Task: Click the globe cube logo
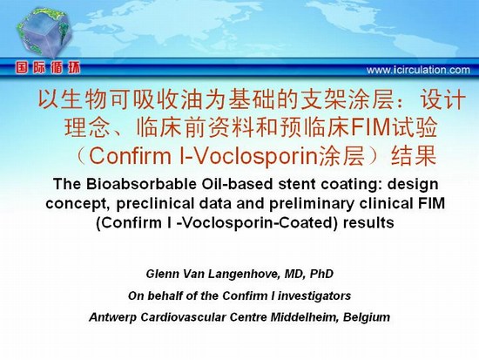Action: [x=44, y=33]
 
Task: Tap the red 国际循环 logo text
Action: [x=48, y=68]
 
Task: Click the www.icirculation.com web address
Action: [x=418, y=70]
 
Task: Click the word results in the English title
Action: [x=368, y=222]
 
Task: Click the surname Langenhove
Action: [x=244, y=274]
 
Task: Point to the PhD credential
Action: [x=321, y=274]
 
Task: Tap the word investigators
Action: [x=314, y=296]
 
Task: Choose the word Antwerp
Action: [x=113, y=317]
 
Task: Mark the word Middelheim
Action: [x=305, y=317]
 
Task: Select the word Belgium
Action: [x=367, y=317]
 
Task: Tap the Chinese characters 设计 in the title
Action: [x=442, y=99]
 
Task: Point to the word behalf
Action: [x=162, y=295]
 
